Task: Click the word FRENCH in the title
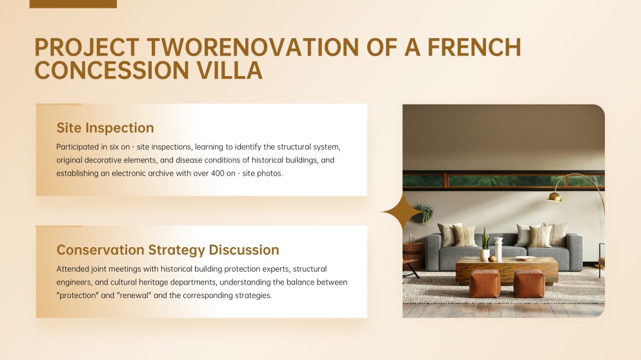(474, 47)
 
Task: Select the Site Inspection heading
(105, 128)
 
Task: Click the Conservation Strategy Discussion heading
(168, 250)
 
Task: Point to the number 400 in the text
(218, 174)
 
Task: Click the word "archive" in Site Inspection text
(161, 174)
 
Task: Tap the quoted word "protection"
(77, 295)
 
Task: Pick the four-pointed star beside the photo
(403, 212)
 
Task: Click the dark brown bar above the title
(73, 4)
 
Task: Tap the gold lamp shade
(555, 197)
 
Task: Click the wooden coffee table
(507, 270)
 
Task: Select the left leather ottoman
(484, 284)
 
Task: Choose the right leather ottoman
(529, 284)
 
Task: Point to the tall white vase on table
(498, 249)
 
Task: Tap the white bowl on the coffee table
(525, 258)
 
